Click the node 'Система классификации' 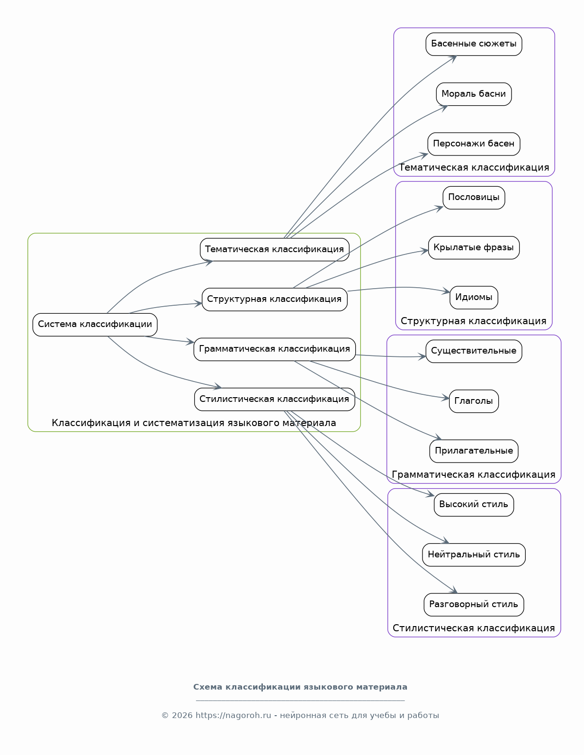[x=95, y=325]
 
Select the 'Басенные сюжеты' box [x=474, y=44]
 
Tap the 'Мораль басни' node [x=474, y=94]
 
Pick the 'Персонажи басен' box [x=474, y=144]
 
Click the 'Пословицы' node [x=474, y=198]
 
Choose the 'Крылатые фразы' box [x=474, y=248]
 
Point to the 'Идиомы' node [x=474, y=298]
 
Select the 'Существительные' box [x=474, y=351]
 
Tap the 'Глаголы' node [x=474, y=401]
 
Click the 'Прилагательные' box [x=474, y=451]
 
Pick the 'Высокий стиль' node [x=474, y=505]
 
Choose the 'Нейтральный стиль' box [x=474, y=555]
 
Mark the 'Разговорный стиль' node [x=474, y=605]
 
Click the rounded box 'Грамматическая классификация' [x=274, y=349]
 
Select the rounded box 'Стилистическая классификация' [x=274, y=399]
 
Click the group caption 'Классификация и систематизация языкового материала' [x=194, y=423]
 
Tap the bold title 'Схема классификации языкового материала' [x=300, y=687]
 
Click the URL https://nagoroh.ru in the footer [x=233, y=715]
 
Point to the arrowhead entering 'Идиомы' [x=446, y=291]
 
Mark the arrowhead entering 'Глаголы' [x=445, y=398]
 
